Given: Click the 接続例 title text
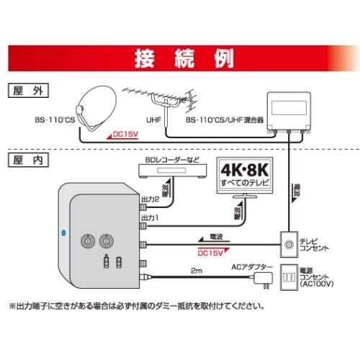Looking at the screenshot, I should click(x=179, y=57).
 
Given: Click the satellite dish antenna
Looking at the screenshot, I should click(x=99, y=108).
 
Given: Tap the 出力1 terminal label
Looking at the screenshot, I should click(x=149, y=215).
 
